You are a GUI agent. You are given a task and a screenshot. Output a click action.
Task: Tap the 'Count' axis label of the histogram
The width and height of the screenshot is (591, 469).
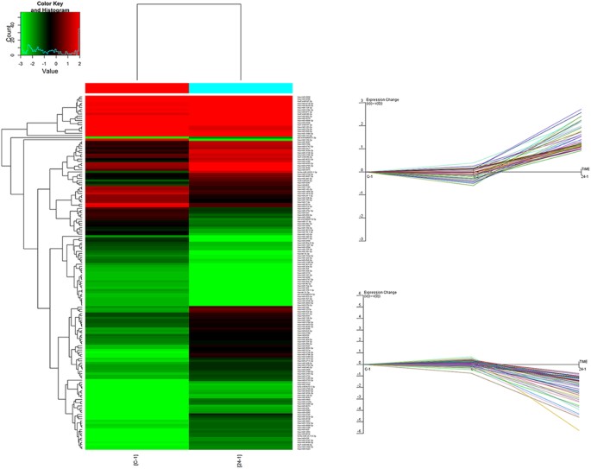pyautogui.click(x=10, y=34)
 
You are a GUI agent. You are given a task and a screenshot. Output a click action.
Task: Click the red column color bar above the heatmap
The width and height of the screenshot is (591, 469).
pyautogui.click(x=137, y=87)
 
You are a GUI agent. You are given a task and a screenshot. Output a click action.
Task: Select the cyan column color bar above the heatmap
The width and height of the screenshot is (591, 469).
pyautogui.click(x=241, y=87)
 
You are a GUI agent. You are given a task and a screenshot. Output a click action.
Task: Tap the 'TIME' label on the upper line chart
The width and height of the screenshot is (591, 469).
pyautogui.click(x=584, y=168)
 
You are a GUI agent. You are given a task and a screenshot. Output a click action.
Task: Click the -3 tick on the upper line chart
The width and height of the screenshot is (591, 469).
pyautogui.click(x=361, y=239)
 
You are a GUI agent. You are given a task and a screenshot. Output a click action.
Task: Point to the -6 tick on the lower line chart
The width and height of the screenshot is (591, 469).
pyautogui.click(x=361, y=430)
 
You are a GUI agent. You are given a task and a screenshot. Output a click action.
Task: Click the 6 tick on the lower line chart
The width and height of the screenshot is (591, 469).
pyautogui.click(x=361, y=295)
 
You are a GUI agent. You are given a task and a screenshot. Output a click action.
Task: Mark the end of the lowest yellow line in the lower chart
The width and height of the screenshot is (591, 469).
pyautogui.click(x=579, y=429)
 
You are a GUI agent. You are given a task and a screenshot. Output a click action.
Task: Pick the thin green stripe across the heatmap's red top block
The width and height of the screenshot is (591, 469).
pyautogui.click(x=189, y=138)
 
